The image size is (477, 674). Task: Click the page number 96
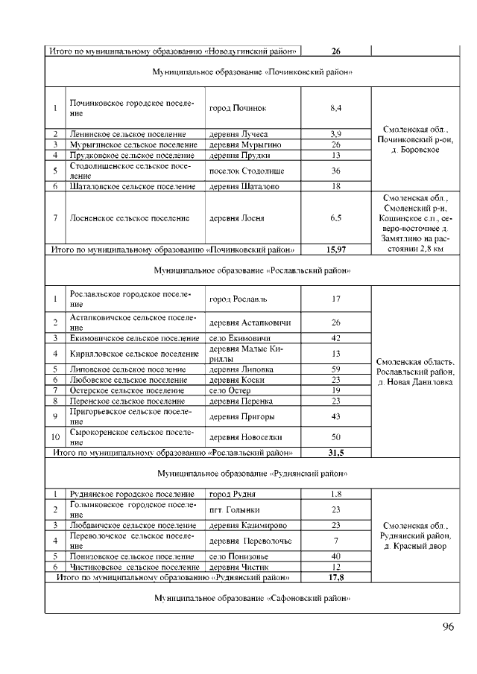pyautogui.click(x=447, y=626)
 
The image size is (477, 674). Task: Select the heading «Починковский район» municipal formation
pyautogui.click(x=252, y=72)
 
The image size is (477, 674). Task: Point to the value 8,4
pyautogui.click(x=335, y=109)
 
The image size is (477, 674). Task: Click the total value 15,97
pyautogui.click(x=335, y=249)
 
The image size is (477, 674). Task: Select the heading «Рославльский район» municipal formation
pyautogui.click(x=252, y=270)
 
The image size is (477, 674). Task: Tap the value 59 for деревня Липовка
pyautogui.click(x=335, y=369)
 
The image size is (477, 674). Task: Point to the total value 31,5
pyautogui.click(x=335, y=452)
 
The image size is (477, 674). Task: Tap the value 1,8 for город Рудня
pyautogui.click(x=335, y=494)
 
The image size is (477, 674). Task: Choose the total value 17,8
pyautogui.click(x=335, y=576)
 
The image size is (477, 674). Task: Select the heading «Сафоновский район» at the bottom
pyautogui.click(x=252, y=598)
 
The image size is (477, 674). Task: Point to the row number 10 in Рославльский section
pyautogui.click(x=55, y=437)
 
